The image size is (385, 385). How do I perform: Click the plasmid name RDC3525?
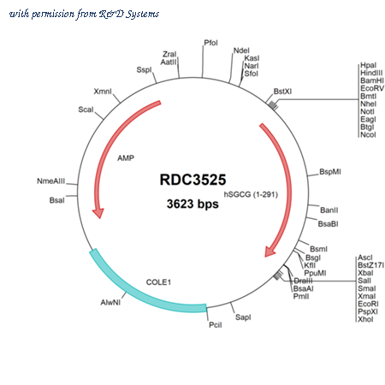point(192,180)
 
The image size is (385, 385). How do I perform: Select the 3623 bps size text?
point(192,204)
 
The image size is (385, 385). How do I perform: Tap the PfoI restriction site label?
point(210,43)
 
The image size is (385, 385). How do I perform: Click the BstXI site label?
point(282,92)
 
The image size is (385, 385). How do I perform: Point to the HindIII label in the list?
point(371,73)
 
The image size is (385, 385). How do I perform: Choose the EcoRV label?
point(372,88)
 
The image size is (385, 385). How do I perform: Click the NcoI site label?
point(368,134)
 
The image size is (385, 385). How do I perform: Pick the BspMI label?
point(330,172)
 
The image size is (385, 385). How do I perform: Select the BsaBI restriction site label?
point(329,224)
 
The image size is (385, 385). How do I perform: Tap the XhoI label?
point(365,319)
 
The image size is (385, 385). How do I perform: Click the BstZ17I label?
point(371,265)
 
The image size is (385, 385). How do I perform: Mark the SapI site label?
point(243,317)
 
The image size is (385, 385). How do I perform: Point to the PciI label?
point(216,325)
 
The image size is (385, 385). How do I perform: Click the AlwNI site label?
point(110,302)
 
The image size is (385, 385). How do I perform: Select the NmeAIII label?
point(51,181)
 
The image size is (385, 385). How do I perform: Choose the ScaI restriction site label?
point(86,110)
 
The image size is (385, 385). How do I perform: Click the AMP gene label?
point(126,158)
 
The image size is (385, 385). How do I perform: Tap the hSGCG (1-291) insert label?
point(251,194)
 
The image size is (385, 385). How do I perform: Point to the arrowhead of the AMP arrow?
point(98,213)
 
